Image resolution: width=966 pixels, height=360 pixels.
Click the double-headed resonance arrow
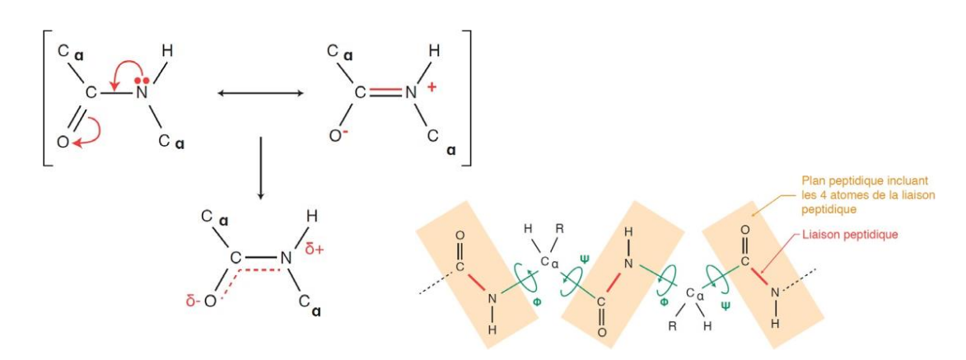click(261, 93)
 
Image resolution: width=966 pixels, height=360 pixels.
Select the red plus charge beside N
click(432, 87)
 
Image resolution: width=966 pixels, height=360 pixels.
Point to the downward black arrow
click(260, 168)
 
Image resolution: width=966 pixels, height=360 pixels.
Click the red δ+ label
click(315, 249)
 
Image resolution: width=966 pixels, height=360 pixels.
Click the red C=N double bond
click(385, 93)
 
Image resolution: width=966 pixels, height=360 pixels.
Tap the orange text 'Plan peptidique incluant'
click(865, 180)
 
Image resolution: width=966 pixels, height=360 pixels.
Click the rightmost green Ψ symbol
click(725, 305)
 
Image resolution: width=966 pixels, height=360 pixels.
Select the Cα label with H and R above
click(549, 261)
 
